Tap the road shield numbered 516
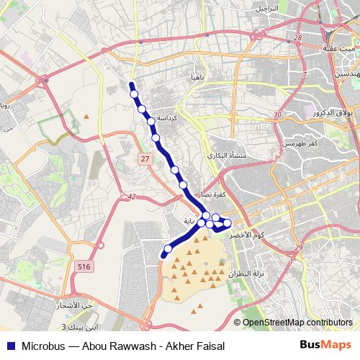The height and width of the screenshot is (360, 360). tap(84, 266)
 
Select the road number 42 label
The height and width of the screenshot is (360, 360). tap(131, 195)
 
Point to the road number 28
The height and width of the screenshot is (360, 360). tap(297, 37)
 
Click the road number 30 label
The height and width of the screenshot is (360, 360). tap(277, 115)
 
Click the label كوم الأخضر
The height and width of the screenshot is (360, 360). tap(254, 235)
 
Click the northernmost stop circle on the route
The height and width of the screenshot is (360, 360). tap(134, 93)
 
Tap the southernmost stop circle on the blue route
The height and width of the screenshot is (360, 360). tap(168, 249)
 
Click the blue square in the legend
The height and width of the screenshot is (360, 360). tap(10, 346)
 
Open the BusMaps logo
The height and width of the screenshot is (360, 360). tap(326, 345)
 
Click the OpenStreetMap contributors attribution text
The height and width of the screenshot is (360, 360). tap(296, 322)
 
